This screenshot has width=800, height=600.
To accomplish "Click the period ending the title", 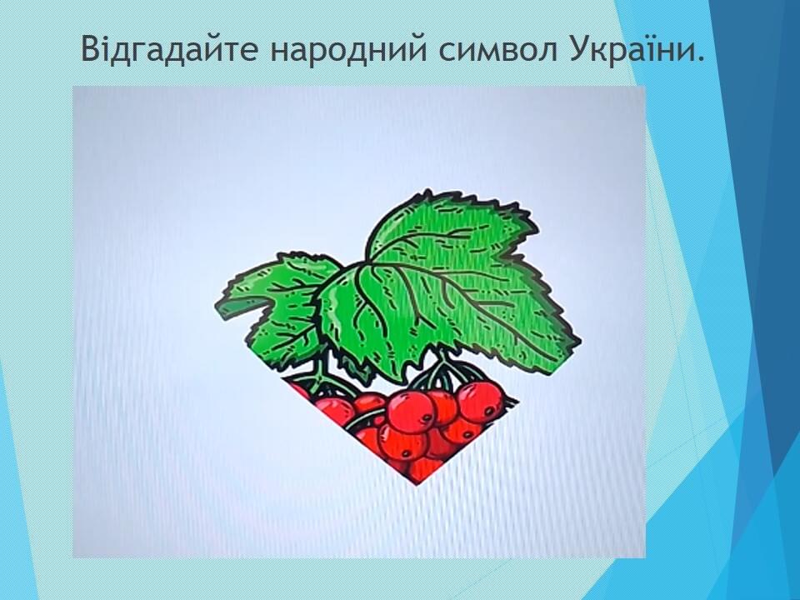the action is coord(699,58).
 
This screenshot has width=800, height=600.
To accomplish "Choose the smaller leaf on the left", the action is coord(278,306).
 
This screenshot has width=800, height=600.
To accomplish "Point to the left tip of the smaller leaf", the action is coord(216,305).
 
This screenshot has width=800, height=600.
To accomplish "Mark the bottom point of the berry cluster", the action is coord(417,483).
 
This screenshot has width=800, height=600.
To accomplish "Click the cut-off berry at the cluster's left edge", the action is coord(300,390).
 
